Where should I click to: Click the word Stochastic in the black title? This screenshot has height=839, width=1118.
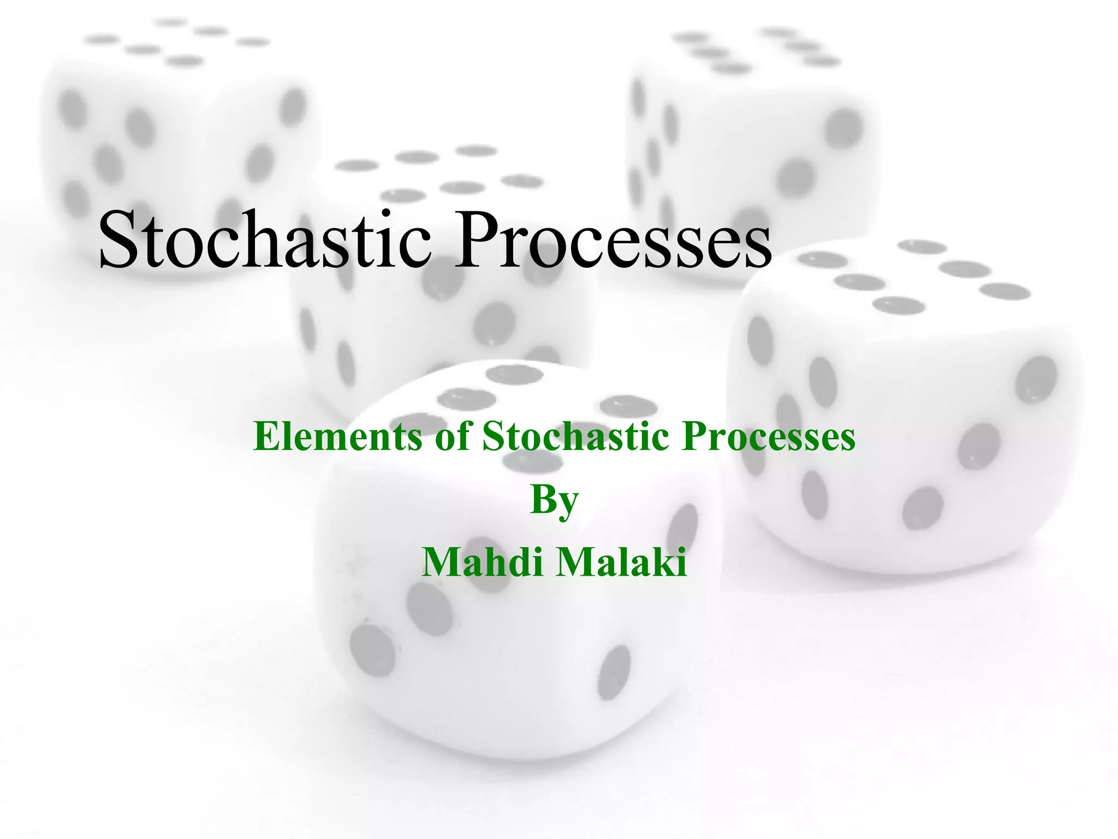pos(265,240)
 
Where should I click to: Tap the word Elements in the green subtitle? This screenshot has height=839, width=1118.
pos(338,436)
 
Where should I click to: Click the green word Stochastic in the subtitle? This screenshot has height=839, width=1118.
pos(575,436)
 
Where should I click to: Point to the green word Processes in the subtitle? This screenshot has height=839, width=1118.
pos(769,436)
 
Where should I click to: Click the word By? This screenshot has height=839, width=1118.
pos(554,500)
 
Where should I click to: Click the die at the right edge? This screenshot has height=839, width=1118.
pos(906,404)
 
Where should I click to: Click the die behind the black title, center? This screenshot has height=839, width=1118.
pos(437,284)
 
